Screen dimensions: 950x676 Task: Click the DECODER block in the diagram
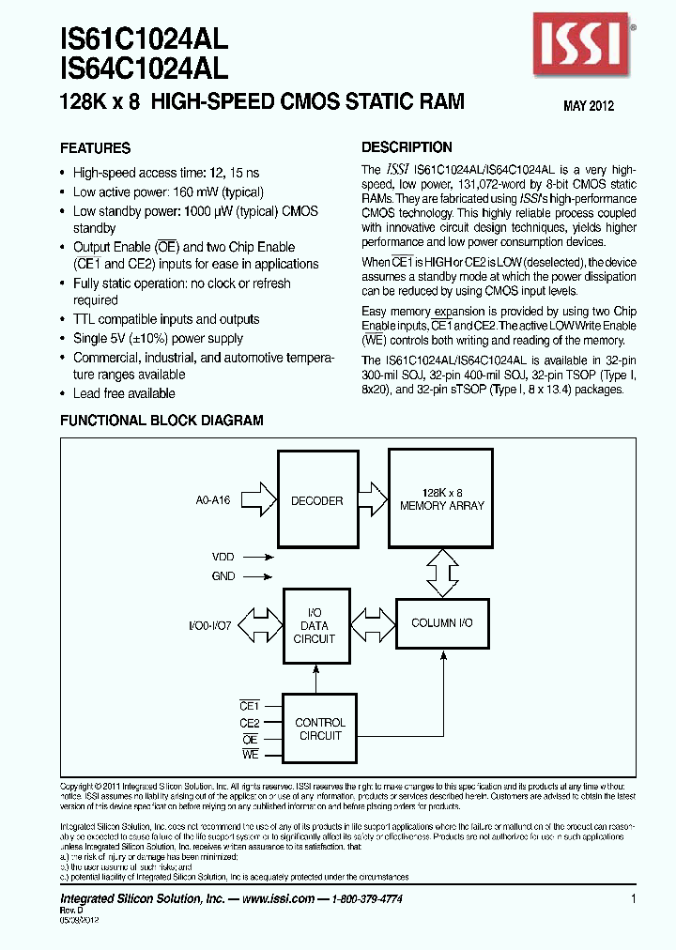tap(317, 500)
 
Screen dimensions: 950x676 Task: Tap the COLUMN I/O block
tap(441, 623)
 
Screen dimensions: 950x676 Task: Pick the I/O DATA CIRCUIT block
tap(314, 626)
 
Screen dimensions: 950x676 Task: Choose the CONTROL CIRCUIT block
tap(320, 729)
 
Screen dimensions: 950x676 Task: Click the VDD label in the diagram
tap(223, 557)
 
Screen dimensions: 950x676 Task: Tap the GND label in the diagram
tap(223, 576)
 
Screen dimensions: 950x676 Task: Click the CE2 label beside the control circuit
tap(249, 723)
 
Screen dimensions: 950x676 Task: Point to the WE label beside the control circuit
tap(250, 755)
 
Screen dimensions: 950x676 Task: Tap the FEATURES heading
tap(96, 148)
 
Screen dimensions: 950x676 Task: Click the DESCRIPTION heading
tap(407, 147)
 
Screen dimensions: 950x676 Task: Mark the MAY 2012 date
tap(589, 106)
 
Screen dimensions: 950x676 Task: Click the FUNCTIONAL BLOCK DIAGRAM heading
tap(161, 421)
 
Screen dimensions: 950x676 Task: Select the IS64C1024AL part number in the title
tap(144, 67)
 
